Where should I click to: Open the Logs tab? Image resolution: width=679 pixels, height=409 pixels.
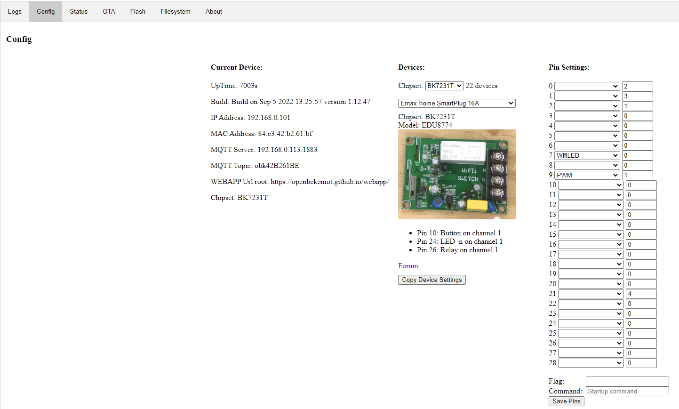pyautogui.click(x=15, y=11)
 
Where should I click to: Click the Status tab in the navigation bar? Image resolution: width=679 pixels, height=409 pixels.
pyautogui.click(x=79, y=11)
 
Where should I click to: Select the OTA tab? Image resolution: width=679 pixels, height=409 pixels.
pyautogui.click(x=109, y=11)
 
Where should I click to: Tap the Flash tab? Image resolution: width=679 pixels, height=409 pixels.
pyautogui.click(x=137, y=11)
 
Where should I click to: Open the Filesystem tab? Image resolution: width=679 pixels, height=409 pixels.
pyautogui.click(x=175, y=11)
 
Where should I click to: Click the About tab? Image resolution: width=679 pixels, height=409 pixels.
pyautogui.click(x=214, y=11)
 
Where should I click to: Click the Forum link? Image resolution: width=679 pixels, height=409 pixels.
pyautogui.click(x=408, y=266)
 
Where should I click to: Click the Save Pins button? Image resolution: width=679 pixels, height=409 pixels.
pyautogui.click(x=566, y=401)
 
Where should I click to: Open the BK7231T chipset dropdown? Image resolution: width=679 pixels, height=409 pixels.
pyautogui.click(x=444, y=86)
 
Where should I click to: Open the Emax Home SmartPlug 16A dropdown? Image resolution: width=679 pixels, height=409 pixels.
pyautogui.click(x=456, y=104)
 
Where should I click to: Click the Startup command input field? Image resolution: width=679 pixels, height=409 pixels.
pyautogui.click(x=627, y=391)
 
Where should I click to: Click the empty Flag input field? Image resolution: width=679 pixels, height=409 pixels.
pyautogui.click(x=627, y=381)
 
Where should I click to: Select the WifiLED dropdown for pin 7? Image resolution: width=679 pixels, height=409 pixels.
pyautogui.click(x=587, y=155)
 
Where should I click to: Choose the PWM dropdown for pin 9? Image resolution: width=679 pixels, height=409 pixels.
pyautogui.click(x=587, y=175)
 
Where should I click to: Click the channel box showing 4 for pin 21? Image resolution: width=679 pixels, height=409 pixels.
pyautogui.click(x=641, y=294)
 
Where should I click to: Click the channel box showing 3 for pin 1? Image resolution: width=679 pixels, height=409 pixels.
pyautogui.click(x=638, y=96)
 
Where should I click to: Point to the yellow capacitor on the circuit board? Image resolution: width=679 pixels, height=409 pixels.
pyautogui.click(x=477, y=205)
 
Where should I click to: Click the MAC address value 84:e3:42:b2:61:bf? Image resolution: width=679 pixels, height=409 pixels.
pyautogui.click(x=285, y=134)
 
